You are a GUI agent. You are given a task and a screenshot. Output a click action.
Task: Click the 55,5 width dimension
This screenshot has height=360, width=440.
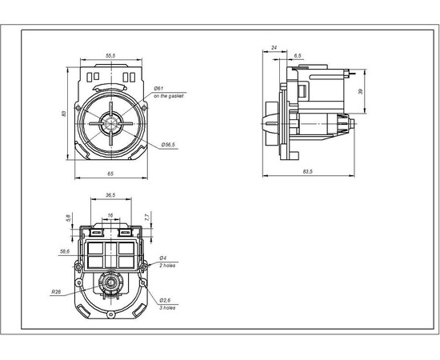tap(110, 55)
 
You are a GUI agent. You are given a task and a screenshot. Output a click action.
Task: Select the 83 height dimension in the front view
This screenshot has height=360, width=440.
tap(64, 114)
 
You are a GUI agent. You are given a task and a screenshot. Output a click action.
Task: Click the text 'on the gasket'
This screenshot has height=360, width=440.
tap(168, 95)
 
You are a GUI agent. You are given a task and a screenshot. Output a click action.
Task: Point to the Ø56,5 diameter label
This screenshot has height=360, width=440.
tap(168, 145)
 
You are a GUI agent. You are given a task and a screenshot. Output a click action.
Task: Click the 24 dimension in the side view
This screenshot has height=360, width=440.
tap(274, 47)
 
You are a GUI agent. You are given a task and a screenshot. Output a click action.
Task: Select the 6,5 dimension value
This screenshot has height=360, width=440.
tap(298, 55)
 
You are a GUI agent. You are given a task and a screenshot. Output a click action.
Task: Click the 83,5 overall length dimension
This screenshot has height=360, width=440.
tap(307, 171)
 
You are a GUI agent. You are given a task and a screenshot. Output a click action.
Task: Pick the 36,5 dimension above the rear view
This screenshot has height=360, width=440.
tap(110, 194)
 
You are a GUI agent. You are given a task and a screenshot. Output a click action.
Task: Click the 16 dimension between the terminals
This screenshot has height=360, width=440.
tap(110, 215)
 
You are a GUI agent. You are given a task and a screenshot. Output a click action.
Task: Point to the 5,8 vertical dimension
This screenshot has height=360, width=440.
tap(70, 217)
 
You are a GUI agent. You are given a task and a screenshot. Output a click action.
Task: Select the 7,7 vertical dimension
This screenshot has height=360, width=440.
tap(147, 217)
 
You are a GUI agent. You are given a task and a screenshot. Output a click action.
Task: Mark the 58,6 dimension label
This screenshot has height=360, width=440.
tap(64, 250)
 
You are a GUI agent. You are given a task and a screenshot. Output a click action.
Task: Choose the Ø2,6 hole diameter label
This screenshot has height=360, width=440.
tap(164, 300)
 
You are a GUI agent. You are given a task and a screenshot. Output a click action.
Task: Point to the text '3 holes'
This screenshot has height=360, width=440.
tap(166, 307)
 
